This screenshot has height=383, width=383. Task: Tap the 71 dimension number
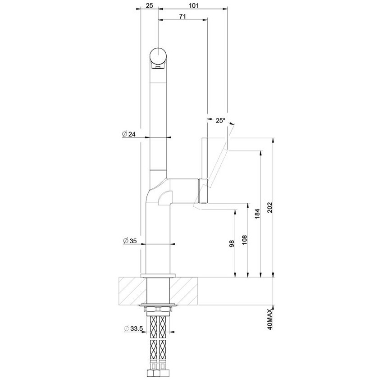[183, 16]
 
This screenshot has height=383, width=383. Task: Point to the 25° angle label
[220, 120]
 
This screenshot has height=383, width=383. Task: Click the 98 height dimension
[232, 243]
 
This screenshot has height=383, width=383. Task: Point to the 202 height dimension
[270, 208]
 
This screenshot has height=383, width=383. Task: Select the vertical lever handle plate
[204, 170]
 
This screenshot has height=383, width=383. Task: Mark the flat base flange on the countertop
[157, 275]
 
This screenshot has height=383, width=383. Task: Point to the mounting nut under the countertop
[157, 309]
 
